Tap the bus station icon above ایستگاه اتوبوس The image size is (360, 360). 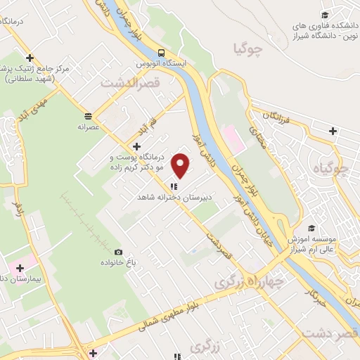coord(162,52)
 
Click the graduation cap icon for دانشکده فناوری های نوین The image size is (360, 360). coord(325,15)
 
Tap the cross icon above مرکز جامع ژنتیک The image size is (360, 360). coord(30,58)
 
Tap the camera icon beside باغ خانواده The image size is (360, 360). coord(118,252)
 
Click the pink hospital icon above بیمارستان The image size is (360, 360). coord(20,268)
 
